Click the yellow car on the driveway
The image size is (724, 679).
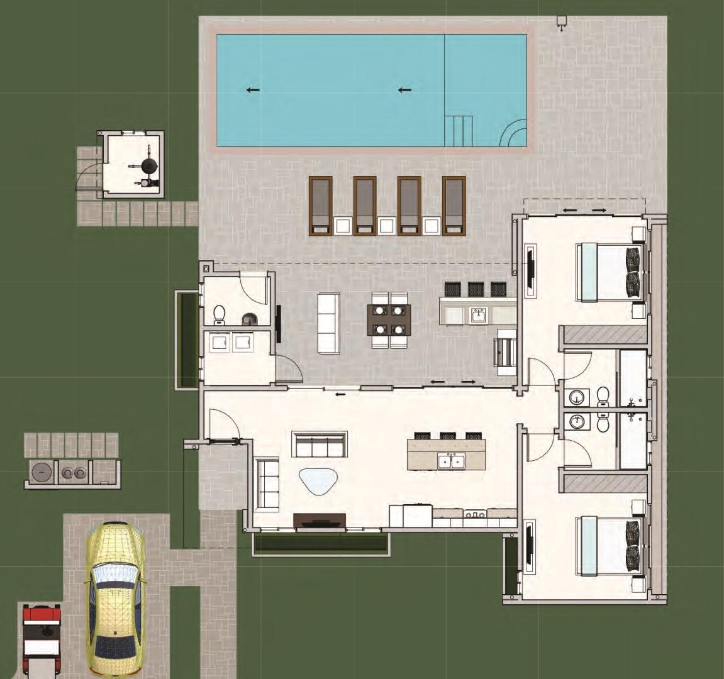coord(115,599)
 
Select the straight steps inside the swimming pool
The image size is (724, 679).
coord(458,130)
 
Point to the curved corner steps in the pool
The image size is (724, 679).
coord(514,133)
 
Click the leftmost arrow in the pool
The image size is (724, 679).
coord(253,90)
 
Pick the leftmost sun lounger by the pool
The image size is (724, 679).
coord(321,206)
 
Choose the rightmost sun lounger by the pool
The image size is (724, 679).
coord(454,206)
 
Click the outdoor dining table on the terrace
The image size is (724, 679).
coord(389,320)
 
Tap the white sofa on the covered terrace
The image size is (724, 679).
coord(328,323)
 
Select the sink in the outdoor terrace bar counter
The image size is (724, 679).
coord(478,314)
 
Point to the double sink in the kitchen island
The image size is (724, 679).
coord(452,461)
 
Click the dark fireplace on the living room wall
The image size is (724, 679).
coord(320,521)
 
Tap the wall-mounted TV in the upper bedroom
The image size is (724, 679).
coord(530,272)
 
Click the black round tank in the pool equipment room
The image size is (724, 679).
coord(149,165)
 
